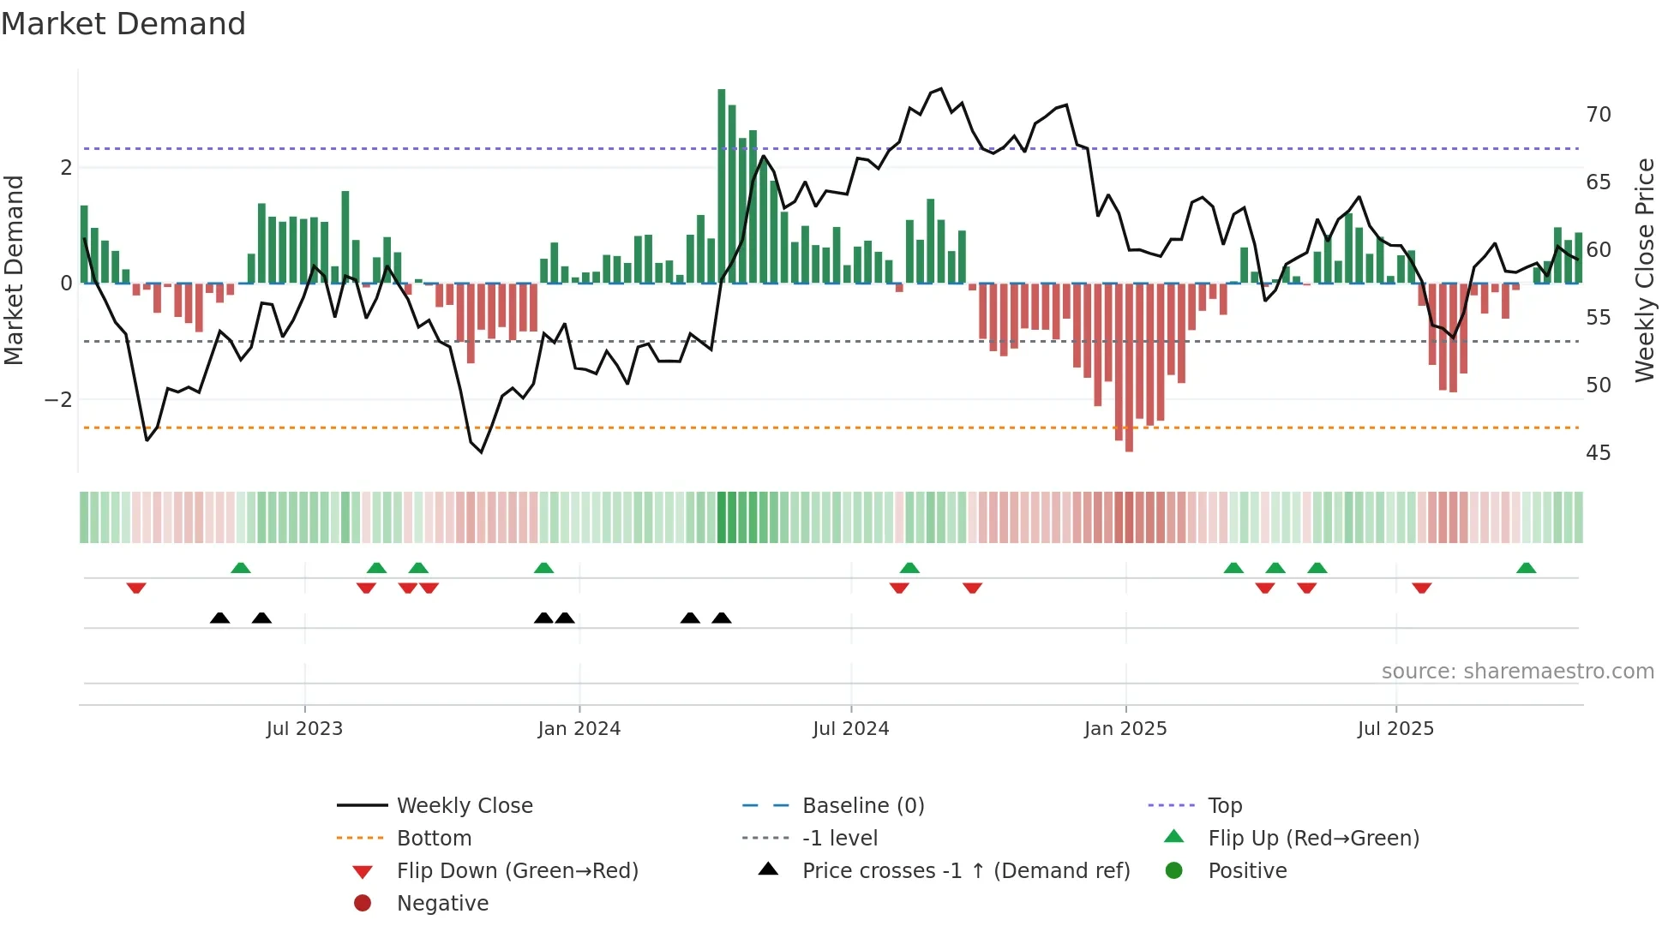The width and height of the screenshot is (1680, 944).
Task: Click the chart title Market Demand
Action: click(x=123, y=24)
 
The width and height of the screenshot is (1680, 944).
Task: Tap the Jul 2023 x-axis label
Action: click(x=304, y=729)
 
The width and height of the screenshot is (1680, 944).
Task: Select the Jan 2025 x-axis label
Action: click(x=1125, y=729)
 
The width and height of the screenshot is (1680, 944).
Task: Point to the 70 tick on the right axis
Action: click(x=1598, y=115)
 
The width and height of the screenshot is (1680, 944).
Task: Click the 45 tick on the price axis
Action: click(x=1598, y=453)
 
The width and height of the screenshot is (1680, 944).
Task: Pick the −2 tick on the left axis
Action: click(x=58, y=400)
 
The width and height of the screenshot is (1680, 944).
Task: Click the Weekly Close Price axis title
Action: click(x=1644, y=270)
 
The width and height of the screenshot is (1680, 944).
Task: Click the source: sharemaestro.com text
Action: click(x=1517, y=672)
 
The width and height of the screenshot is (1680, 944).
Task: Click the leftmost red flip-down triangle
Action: click(x=136, y=588)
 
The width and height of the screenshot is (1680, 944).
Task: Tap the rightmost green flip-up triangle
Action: click(x=1526, y=568)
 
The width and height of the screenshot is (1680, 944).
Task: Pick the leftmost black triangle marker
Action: click(x=220, y=618)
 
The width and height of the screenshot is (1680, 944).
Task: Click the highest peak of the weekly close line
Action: click(x=941, y=89)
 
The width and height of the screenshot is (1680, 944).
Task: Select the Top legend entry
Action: click(x=1224, y=806)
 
